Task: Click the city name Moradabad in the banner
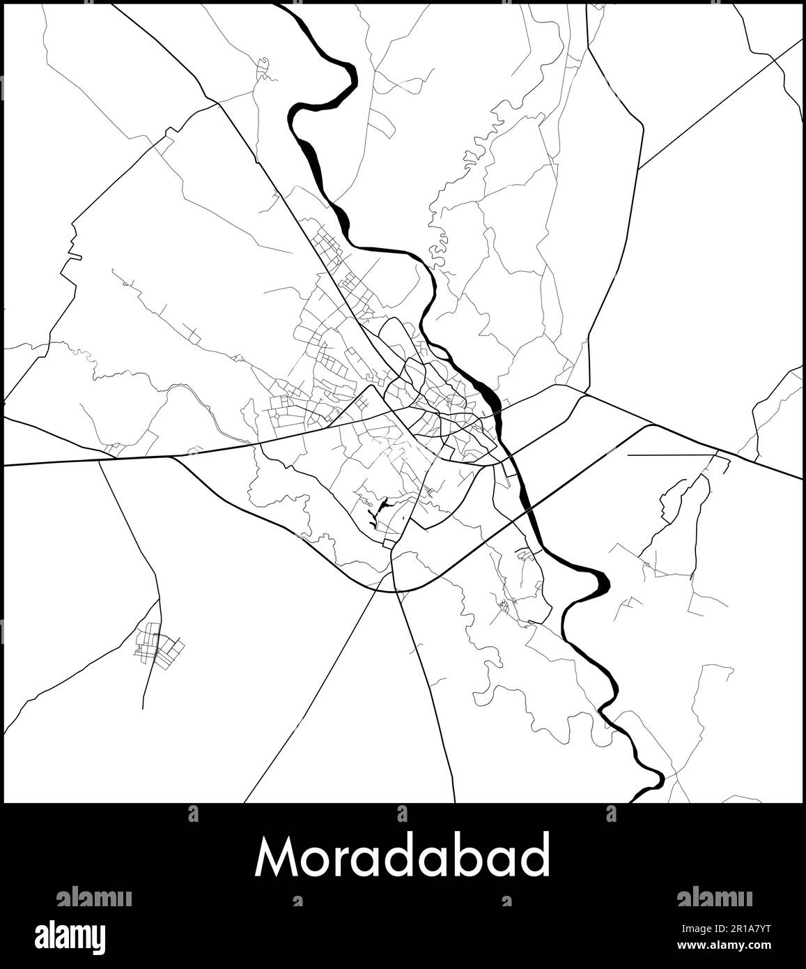click(x=402, y=857)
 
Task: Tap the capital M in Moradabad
click(x=273, y=857)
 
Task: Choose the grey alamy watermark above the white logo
click(x=93, y=898)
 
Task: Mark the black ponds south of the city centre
click(x=376, y=512)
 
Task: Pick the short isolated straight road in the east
click(x=672, y=455)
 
